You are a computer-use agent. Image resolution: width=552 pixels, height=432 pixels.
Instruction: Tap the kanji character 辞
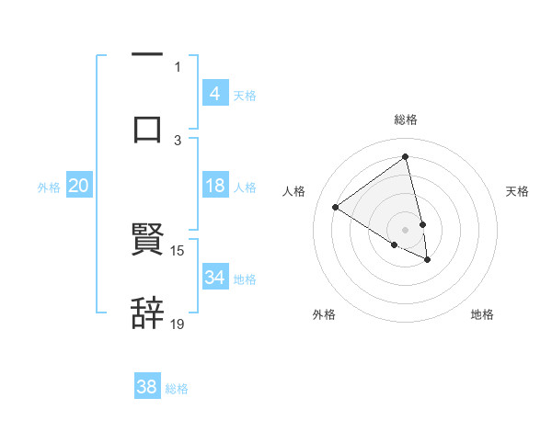click(147, 313)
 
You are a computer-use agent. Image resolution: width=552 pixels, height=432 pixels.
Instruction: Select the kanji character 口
click(147, 129)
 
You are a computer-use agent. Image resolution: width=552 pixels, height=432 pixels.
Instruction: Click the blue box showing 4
click(214, 94)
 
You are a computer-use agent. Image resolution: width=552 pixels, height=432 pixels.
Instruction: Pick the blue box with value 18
click(214, 186)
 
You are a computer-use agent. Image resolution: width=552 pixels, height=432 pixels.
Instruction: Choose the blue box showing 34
click(214, 278)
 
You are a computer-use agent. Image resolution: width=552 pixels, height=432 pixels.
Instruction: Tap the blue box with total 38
click(147, 387)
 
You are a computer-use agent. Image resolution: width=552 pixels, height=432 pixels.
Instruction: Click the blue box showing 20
click(79, 186)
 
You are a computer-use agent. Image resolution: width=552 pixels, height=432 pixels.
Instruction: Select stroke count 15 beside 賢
click(178, 250)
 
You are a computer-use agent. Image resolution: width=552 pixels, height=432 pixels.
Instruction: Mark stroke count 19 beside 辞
click(178, 324)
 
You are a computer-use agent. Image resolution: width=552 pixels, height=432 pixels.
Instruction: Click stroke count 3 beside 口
click(178, 140)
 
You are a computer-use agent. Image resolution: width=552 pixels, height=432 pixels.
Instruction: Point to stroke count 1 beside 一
click(178, 66)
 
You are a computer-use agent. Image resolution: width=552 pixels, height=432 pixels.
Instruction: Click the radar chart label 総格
click(406, 119)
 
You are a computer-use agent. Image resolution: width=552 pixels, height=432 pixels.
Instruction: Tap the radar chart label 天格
click(518, 191)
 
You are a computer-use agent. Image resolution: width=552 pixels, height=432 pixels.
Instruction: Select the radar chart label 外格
click(324, 315)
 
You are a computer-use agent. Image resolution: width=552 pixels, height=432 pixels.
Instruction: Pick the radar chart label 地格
click(482, 315)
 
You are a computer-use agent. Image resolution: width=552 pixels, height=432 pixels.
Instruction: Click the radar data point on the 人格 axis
click(335, 207)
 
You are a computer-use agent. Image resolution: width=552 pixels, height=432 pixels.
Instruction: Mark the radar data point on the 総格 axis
click(406, 156)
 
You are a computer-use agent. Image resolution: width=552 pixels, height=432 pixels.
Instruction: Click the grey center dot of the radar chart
click(406, 230)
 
